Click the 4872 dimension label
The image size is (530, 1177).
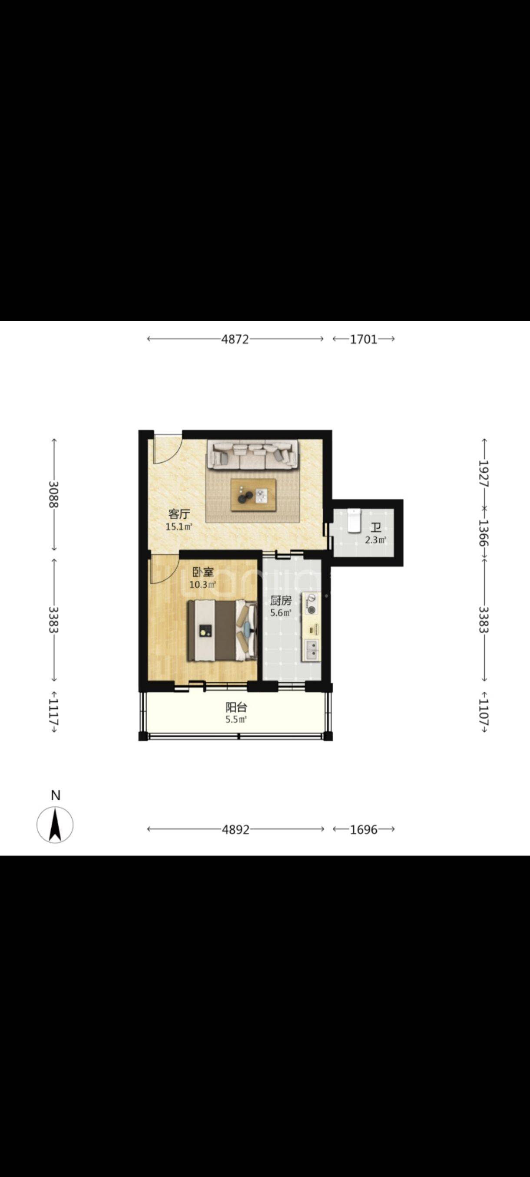[x=235, y=339]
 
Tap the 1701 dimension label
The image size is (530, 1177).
[x=364, y=339]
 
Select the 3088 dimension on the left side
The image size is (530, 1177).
[x=54, y=494]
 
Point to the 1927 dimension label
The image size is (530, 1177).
[x=484, y=473]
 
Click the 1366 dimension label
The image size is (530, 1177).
[x=484, y=533]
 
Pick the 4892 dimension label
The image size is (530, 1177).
[x=235, y=829]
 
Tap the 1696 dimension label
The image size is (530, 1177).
[x=364, y=829]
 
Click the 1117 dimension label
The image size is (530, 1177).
[x=54, y=712]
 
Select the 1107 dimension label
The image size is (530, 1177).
[x=484, y=712]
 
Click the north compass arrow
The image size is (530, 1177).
[x=55, y=825]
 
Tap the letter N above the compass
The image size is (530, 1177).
[x=56, y=796]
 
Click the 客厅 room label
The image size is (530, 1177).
[x=179, y=514]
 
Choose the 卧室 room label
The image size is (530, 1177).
[x=202, y=572]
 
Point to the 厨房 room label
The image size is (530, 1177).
[x=280, y=601]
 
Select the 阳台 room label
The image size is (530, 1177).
[x=236, y=708]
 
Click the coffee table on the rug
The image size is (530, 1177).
[x=253, y=495]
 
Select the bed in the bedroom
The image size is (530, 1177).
[x=222, y=631]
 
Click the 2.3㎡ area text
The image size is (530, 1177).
[x=375, y=540]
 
